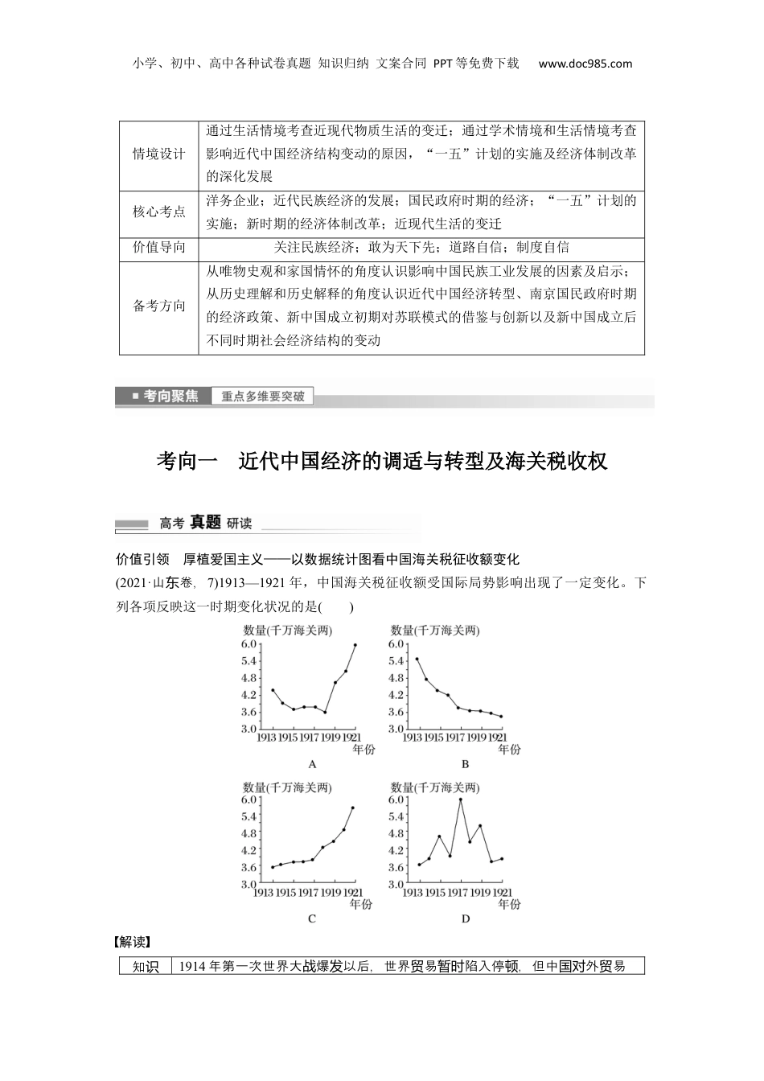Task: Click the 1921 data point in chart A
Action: coord(355,645)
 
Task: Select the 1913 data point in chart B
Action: coord(417,659)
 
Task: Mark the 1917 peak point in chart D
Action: coord(460,799)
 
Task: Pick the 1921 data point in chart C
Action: coord(352,808)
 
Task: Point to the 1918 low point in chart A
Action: coord(325,712)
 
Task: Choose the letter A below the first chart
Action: coord(312,764)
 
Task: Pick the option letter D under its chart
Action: coord(466,919)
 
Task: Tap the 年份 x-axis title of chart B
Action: coord(509,750)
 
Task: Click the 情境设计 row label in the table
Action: coord(158,154)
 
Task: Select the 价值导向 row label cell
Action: coord(158,248)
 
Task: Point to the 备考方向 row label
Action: coord(158,306)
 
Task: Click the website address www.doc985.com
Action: coord(585,64)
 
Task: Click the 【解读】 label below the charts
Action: coord(133,942)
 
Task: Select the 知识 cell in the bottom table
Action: coord(146,967)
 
